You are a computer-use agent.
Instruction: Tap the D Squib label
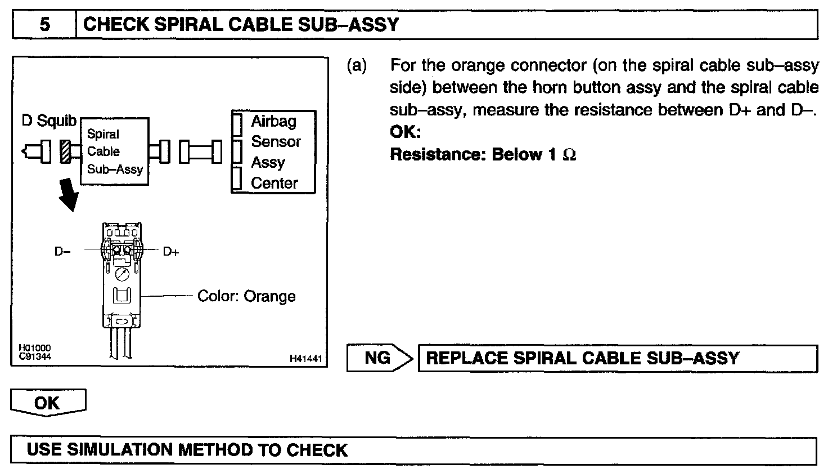click(49, 122)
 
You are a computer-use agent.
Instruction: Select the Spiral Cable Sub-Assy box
click(115, 151)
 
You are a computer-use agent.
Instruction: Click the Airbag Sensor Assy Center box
click(274, 152)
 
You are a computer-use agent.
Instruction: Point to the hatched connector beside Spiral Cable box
click(65, 152)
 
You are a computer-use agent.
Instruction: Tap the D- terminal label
click(62, 252)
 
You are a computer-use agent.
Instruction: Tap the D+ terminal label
click(171, 252)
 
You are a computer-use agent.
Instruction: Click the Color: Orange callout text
click(246, 296)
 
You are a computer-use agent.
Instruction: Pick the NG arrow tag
click(379, 358)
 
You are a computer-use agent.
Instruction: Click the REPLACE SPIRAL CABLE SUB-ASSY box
click(618, 358)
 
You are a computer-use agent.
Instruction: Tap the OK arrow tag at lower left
click(48, 403)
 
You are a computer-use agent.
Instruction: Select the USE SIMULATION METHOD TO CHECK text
click(187, 450)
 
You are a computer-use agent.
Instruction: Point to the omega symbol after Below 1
click(569, 155)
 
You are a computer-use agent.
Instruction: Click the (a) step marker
click(357, 66)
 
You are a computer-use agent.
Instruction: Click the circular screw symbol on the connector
click(123, 274)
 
